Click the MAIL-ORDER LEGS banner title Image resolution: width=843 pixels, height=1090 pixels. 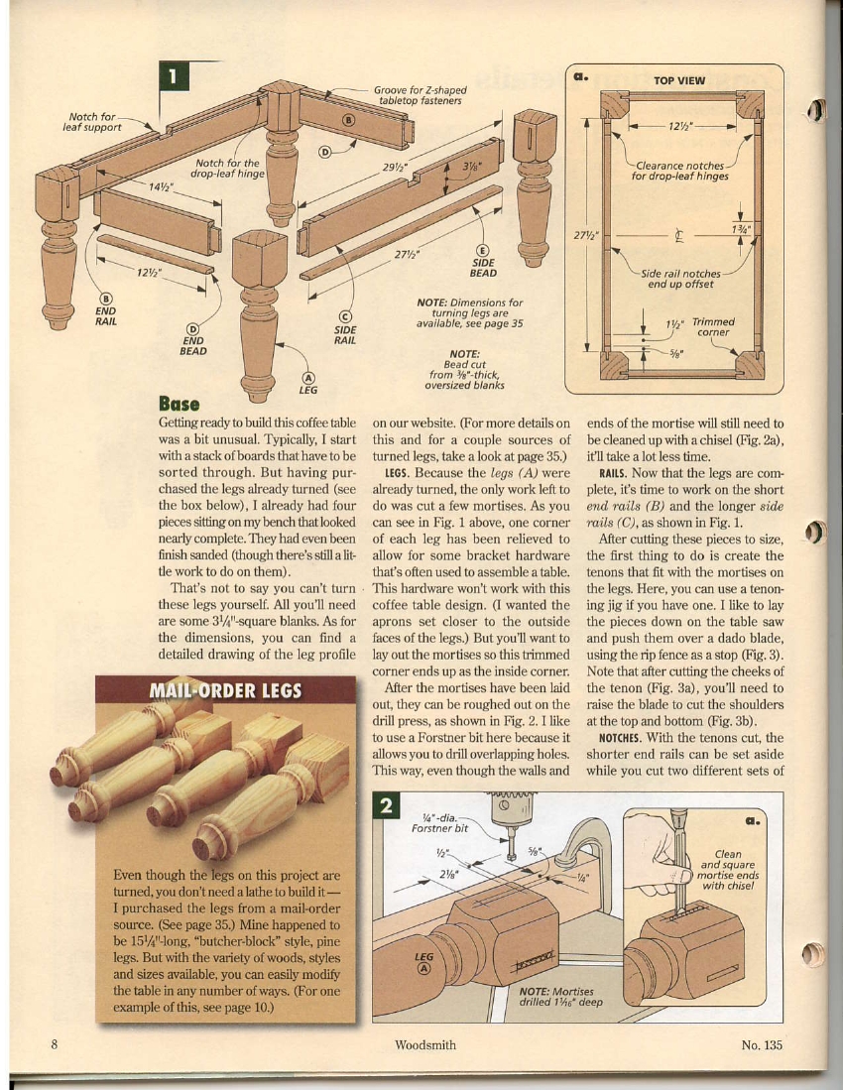(x=225, y=689)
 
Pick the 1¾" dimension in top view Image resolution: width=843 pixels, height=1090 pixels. (x=740, y=229)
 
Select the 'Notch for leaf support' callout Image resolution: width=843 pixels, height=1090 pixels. (x=91, y=120)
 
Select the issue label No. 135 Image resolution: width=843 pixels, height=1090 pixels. (x=761, y=1043)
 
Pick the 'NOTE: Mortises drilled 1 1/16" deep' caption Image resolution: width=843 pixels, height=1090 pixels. (x=556, y=996)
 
